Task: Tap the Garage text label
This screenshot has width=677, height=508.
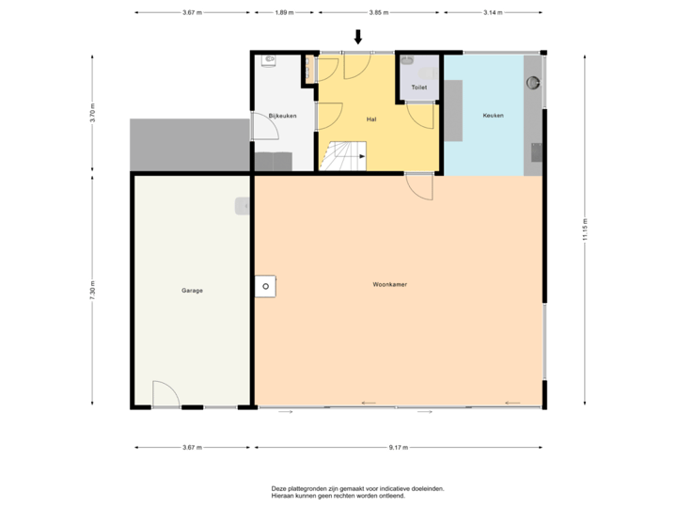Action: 192,291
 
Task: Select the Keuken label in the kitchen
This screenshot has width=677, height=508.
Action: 493,116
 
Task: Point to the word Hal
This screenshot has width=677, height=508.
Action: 371,119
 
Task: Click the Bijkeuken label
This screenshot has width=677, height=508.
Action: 282,116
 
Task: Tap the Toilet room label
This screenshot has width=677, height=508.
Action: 418,87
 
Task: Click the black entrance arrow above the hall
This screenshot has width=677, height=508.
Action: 357,37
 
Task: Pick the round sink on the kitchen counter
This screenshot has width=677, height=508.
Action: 535,82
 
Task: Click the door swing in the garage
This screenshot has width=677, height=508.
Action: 165,395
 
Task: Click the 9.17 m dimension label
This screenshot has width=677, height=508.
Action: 399,448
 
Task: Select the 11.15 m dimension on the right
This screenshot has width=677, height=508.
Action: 585,232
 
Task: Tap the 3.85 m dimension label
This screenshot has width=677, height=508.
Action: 379,13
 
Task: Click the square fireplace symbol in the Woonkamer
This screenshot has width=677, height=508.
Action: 266,285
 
